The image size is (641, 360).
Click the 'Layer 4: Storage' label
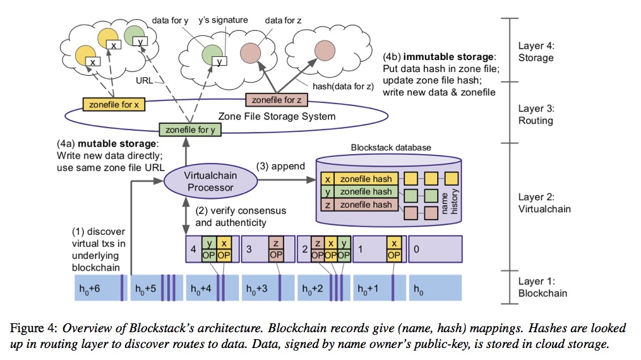tap(536, 52)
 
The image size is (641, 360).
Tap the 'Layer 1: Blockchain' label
tap(542, 287)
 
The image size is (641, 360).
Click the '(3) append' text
tap(280, 166)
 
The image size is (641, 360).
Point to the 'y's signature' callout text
tap(223, 20)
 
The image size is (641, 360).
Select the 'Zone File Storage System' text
tap(276, 116)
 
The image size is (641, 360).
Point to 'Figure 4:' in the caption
tap(34, 328)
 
